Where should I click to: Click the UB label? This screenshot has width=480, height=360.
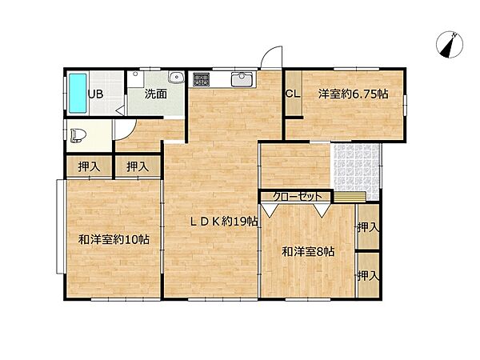(95, 94)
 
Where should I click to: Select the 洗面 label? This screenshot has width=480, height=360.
(155, 94)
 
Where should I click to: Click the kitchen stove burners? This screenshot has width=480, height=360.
(200, 79)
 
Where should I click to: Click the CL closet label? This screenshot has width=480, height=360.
(292, 94)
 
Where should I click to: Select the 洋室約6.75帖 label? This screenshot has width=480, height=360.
(353, 94)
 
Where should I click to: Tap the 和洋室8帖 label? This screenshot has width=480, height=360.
(308, 251)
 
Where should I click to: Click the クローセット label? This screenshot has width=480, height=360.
(297, 196)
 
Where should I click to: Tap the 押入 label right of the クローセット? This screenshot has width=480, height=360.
(367, 228)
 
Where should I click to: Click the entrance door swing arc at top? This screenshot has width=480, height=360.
(274, 58)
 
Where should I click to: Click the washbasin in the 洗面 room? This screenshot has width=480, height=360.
(176, 78)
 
